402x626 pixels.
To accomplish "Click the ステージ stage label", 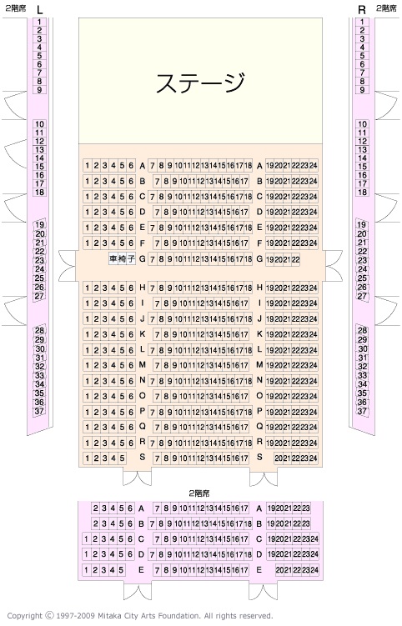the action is [x=200, y=83].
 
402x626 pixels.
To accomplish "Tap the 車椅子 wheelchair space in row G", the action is [x=122, y=259].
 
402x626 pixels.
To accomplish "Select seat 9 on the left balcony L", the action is [x=39, y=90].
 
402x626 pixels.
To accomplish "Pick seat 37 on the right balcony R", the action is [x=362, y=411].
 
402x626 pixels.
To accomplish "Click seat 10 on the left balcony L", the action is [x=39, y=124].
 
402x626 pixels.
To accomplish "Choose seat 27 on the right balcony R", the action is [x=362, y=296].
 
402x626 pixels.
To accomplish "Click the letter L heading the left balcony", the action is [x=39, y=10].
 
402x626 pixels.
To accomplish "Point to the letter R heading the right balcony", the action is [x=362, y=10].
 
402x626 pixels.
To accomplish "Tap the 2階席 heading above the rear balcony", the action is [x=199, y=493].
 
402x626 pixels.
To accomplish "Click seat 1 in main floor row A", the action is [x=87, y=165].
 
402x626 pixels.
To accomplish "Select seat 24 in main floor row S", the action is [x=314, y=458].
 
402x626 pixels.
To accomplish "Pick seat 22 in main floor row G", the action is [x=296, y=259].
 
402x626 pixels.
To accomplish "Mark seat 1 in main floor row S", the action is [x=87, y=458].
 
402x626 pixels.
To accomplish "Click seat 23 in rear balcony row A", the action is [x=306, y=508].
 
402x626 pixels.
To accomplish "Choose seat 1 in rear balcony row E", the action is [x=86, y=569].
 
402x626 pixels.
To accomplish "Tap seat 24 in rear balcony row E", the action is [x=314, y=570].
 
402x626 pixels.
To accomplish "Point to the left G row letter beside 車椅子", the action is [x=143, y=258].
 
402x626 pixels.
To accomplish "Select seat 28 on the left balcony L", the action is [x=39, y=331].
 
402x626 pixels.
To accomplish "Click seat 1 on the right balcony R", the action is [x=362, y=22].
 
